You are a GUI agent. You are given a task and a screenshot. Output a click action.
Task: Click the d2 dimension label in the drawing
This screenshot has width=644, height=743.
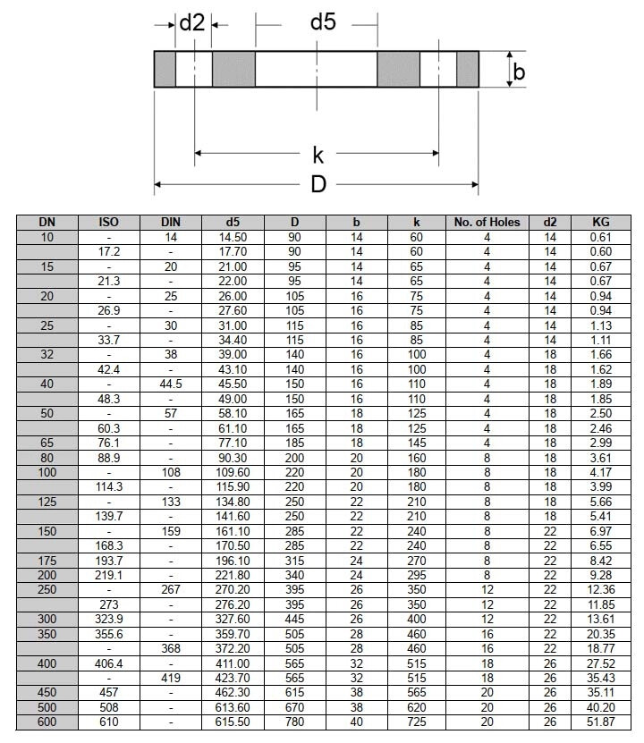point(192,23)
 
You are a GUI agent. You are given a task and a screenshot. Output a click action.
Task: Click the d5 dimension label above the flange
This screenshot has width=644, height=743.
point(323,22)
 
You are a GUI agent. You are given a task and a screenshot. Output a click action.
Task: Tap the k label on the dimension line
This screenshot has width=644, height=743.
point(318,155)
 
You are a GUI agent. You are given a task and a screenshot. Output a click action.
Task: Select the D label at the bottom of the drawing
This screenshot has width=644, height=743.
point(318,185)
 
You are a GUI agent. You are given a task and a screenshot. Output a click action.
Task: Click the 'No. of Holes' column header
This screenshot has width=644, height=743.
point(487,222)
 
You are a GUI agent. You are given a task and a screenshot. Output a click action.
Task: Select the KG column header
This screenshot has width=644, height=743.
point(601,222)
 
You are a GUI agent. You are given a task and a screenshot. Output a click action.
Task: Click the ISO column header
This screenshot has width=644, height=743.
point(108,222)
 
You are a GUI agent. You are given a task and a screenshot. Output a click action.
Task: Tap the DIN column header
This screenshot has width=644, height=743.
point(170,222)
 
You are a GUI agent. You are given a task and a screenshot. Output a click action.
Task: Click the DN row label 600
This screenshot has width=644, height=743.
point(47,722)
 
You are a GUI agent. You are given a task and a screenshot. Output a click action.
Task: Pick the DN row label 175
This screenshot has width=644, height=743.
point(47,560)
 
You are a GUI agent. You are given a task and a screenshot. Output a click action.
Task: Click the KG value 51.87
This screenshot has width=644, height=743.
point(601,722)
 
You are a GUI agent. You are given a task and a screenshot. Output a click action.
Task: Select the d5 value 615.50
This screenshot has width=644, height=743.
point(233,722)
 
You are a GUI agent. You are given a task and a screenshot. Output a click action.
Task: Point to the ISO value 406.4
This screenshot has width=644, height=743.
point(108,663)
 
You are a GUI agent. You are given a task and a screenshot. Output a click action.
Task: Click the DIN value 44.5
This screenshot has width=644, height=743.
point(170,384)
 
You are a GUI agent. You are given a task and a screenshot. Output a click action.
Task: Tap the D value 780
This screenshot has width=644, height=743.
point(295,722)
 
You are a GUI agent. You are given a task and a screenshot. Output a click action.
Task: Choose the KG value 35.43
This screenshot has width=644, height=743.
point(601,678)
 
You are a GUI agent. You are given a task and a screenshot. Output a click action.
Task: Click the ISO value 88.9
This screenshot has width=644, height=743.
point(108,457)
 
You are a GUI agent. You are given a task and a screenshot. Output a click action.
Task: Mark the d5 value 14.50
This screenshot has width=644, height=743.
point(233,237)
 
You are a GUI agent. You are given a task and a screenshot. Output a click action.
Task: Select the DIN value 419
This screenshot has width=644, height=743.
point(170,678)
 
